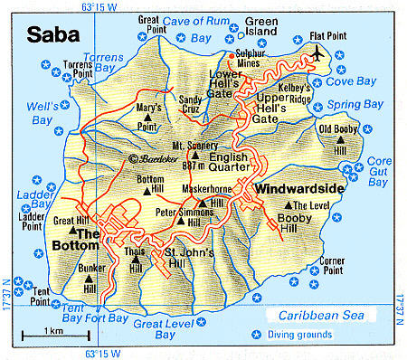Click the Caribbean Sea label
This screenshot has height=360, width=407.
point(318,317)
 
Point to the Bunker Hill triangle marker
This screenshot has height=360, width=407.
point(90,279)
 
